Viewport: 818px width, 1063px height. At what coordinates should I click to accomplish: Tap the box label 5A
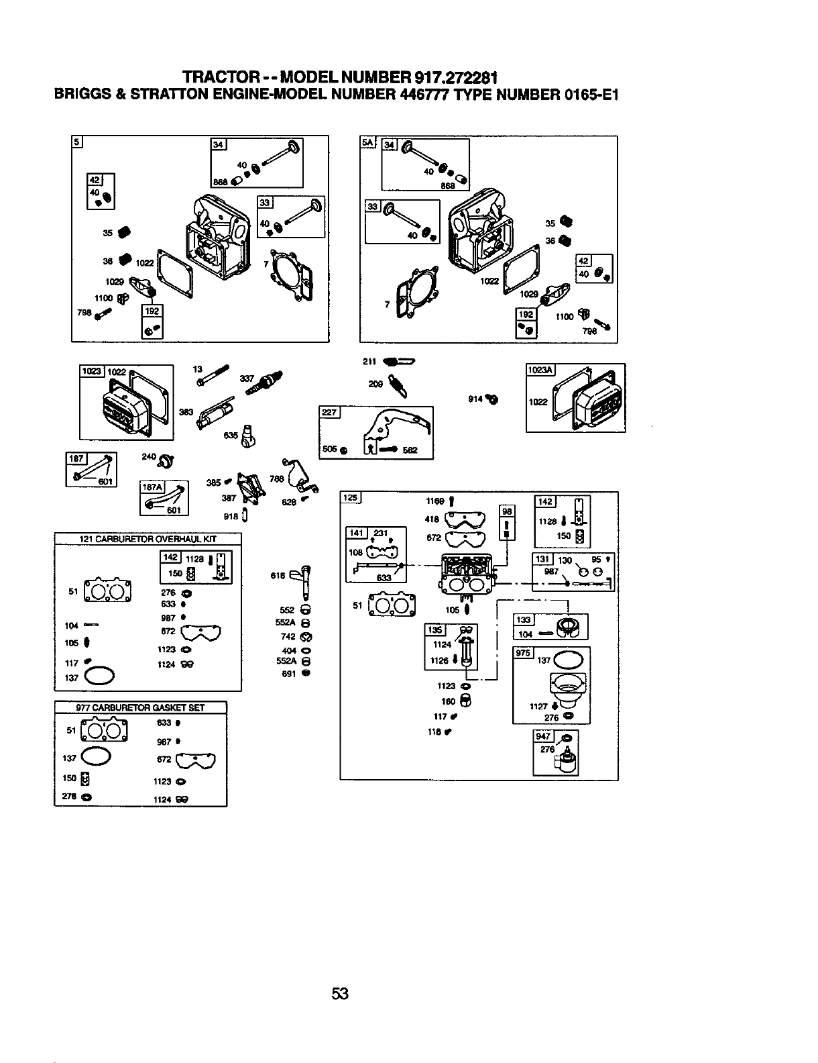pyautogui.click(x=367, y=143)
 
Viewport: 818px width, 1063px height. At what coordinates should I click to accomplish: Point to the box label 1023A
pyautogui.click(x=540, y=370)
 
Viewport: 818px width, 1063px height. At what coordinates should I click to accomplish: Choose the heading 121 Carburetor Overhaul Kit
pyautogui.click(x=148, y=538)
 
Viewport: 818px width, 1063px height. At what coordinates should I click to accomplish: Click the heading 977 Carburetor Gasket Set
pyautogui.click(x=141, y=707)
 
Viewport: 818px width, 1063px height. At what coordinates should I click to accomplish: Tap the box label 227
pyautogui.click(x=330, y=413)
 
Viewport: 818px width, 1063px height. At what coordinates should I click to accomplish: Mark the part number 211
pyautogui.click(x=367, y=362)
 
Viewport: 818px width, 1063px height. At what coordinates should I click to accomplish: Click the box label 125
pyautogui.click(x=351, y=497)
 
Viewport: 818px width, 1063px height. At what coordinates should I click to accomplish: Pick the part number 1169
pyautogui.click(x=436, y=501)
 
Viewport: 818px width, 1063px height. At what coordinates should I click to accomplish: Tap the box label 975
pyautogui.click(x=522, y=653)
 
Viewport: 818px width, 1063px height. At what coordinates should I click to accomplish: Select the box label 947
pyautogui.click(x=542, y=736)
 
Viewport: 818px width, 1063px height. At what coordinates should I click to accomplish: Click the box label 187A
pyautogui.click(x=151, y=488)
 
